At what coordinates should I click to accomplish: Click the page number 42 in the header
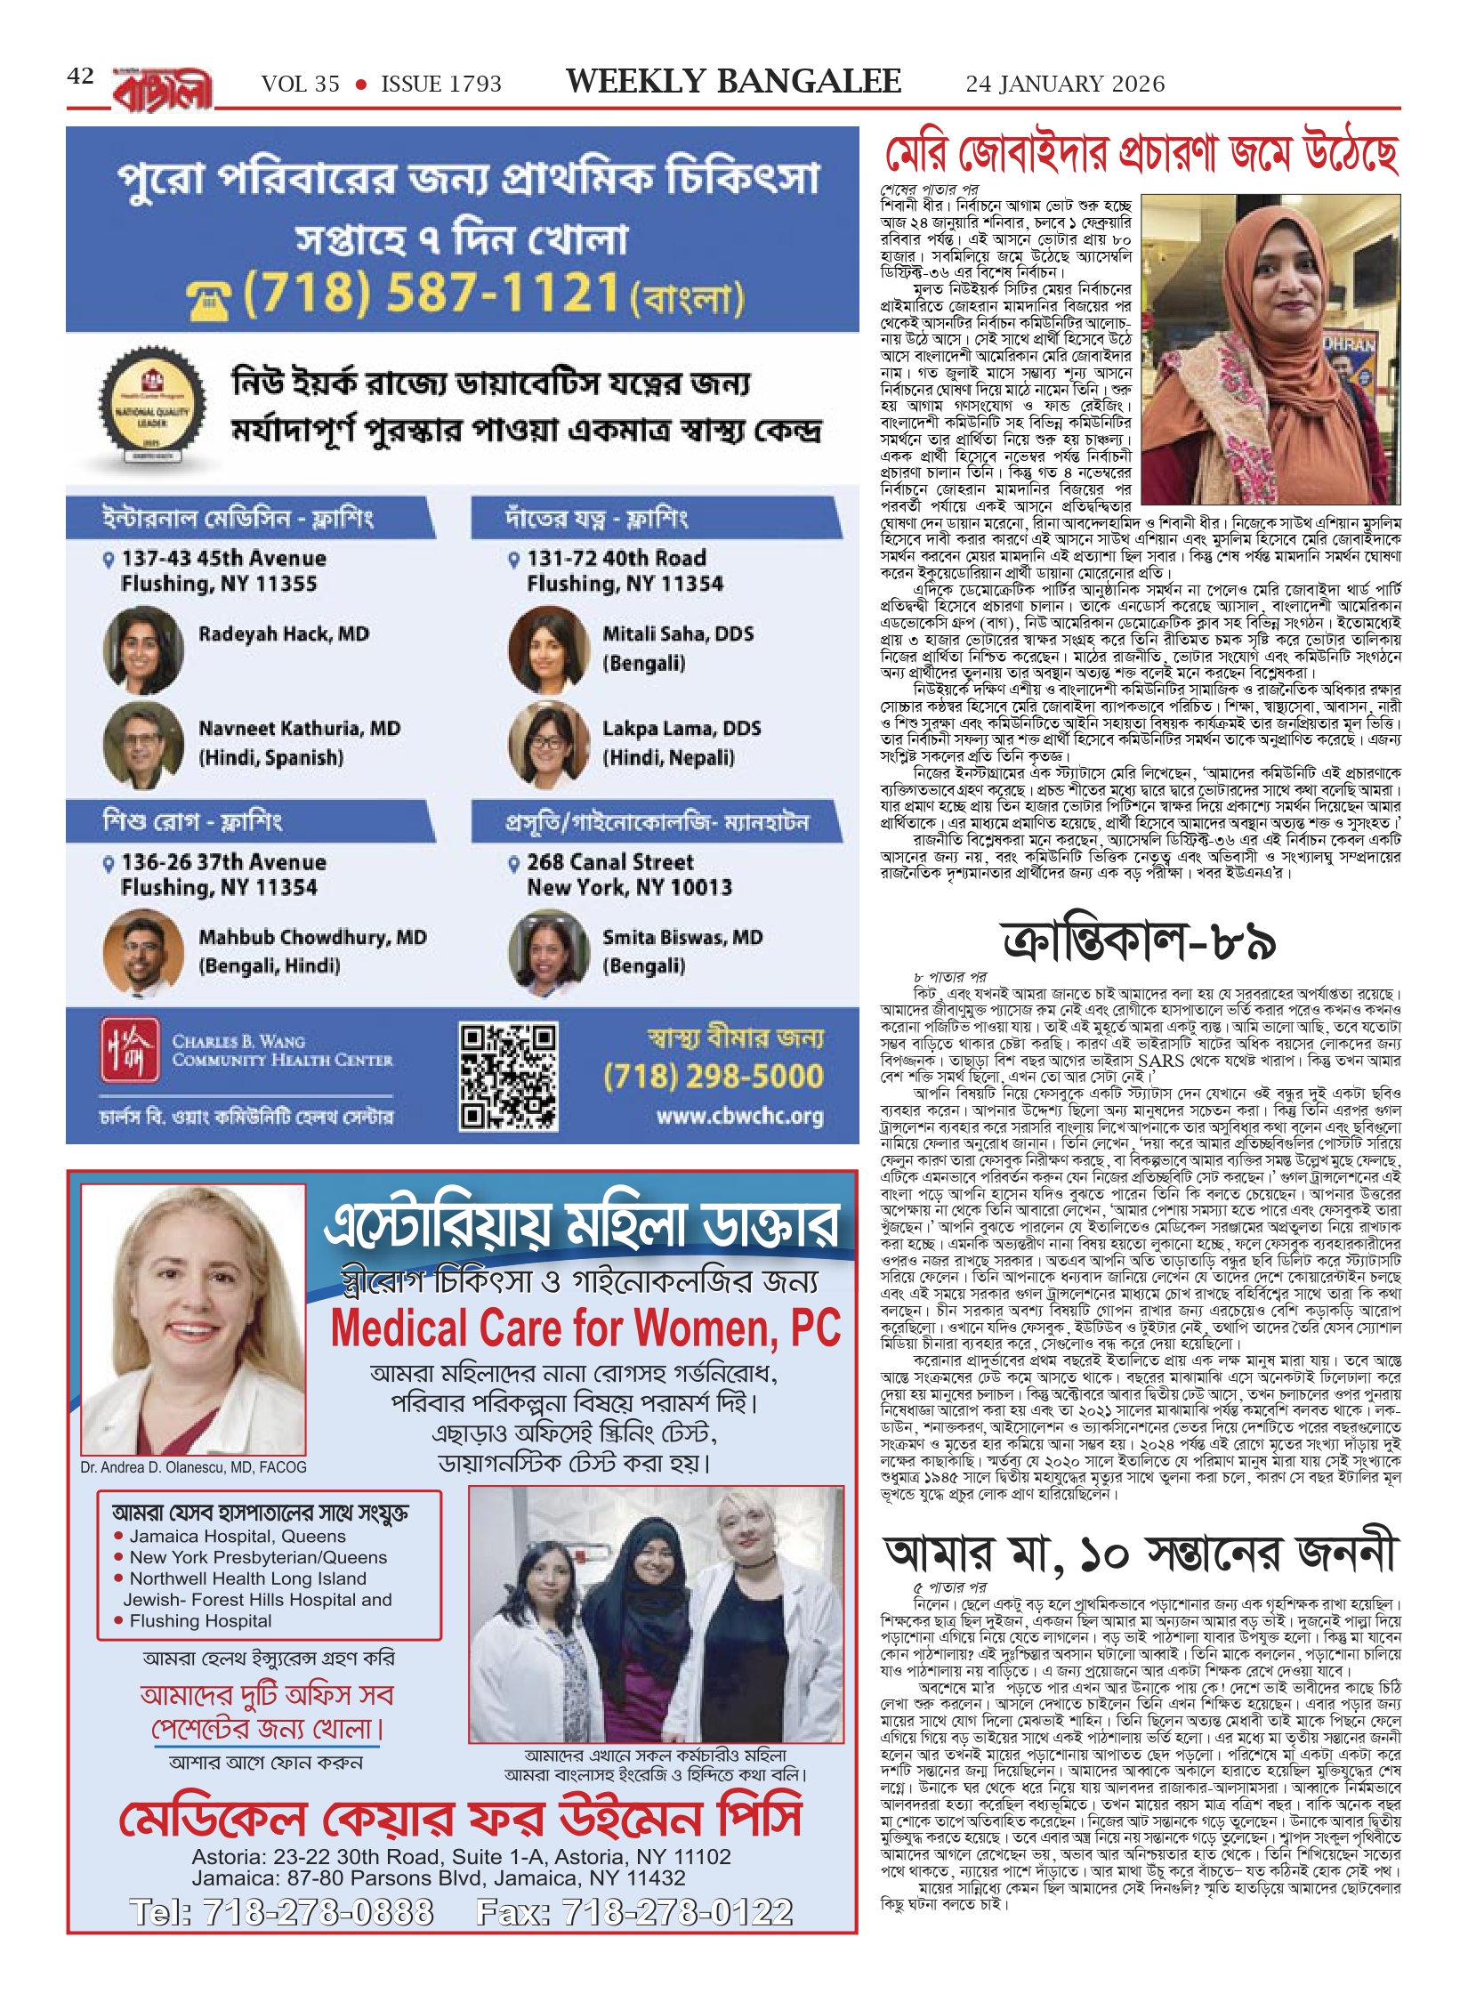tap(80, 77)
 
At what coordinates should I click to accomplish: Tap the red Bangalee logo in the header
tap(163, 90)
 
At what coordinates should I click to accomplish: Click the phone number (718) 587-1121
tap(431, 293)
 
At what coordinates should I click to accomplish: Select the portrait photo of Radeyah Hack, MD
tap(143, 649)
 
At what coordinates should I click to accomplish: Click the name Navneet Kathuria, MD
tap(299, 728)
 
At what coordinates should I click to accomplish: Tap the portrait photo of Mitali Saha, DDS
tap(548, 649)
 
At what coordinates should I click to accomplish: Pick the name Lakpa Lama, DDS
tap(682, 728)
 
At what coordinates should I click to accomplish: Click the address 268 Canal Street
tap(609, 861)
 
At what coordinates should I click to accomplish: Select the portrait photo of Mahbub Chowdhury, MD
tap(143, 951)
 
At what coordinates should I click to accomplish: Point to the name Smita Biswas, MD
tap(682, 937)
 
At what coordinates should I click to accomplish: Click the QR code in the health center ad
tap(508, 1076)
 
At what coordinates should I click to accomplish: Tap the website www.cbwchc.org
tap(739, 1116)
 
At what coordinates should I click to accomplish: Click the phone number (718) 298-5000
tap(714, 1077)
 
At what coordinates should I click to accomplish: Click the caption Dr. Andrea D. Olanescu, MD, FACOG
tap(193, 1467)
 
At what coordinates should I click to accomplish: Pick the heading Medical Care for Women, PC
tap(585, 1329)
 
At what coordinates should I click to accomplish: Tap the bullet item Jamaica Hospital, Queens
tap(237, 1536)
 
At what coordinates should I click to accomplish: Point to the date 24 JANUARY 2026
tap(1065, 84)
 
